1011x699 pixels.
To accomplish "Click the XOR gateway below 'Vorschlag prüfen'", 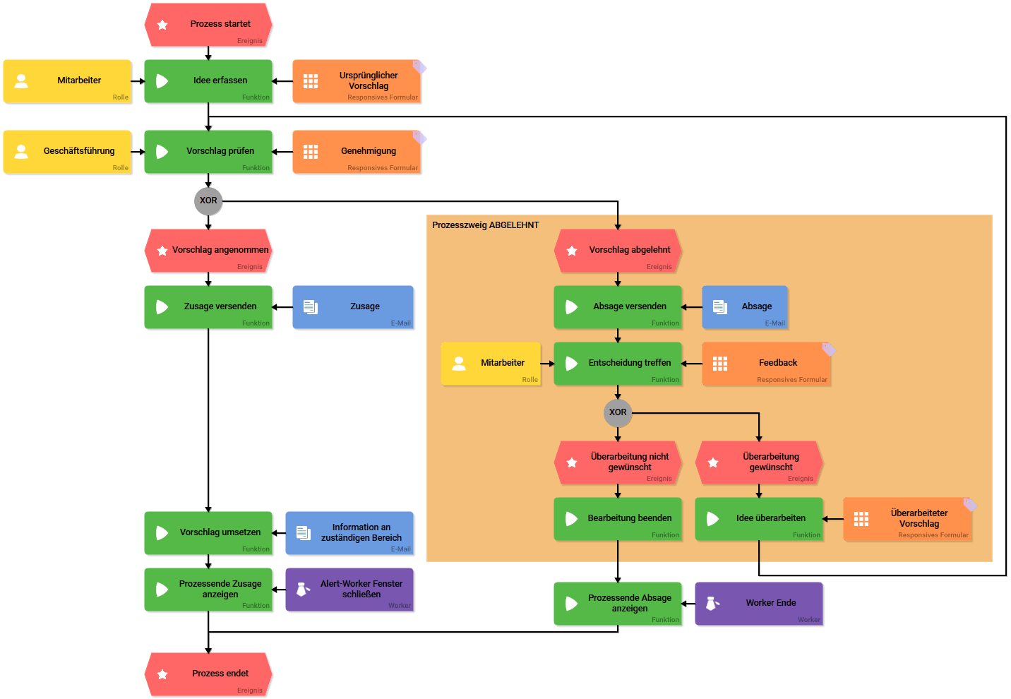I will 208,201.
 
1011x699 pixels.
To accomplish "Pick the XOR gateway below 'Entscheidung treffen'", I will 618,413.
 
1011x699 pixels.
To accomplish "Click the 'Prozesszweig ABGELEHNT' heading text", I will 486,225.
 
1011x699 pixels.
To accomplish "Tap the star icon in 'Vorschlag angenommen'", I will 162,251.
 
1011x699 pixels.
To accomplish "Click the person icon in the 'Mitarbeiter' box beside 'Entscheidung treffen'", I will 459,364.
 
